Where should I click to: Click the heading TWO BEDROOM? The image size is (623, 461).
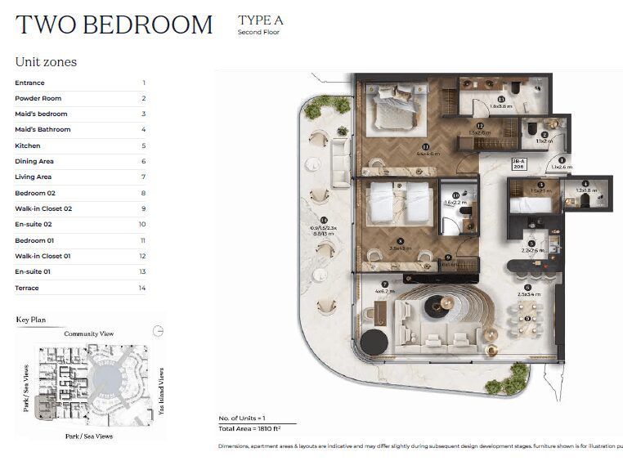(114, 25)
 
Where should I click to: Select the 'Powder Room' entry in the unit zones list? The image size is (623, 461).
(38, 98)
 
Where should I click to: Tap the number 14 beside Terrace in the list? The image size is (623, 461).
(142, 288)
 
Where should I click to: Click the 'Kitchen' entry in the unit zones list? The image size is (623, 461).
(27, 145)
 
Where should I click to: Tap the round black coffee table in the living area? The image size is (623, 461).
(435, 307)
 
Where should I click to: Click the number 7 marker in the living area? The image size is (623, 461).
(384, 284)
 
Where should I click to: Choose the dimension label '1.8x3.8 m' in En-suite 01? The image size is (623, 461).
(501, 106)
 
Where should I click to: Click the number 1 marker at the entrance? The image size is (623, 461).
(562, 160)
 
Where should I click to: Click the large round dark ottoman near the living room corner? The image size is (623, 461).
(374, 342)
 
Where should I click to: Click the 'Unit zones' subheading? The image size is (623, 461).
(46, 62)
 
